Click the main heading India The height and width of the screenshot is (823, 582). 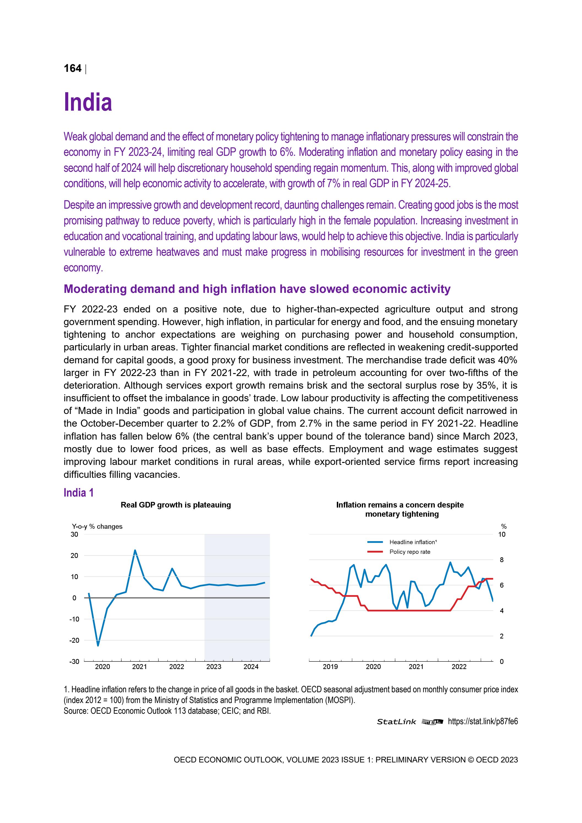[x=88, y=102]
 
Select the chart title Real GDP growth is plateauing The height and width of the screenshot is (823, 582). [x=176, y=505]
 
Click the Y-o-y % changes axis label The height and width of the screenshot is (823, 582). [x=97, y=526]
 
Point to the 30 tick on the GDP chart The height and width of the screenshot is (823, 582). [x=74, y=535]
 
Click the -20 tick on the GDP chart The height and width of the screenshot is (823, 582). [x=74, y=640]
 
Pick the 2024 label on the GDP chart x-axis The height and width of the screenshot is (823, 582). [x=251, y=667]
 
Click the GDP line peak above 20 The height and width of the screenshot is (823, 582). [x=135, y=550]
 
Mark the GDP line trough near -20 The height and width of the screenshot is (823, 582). [x=98, y=645]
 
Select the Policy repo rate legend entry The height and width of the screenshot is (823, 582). [x=410, y=552]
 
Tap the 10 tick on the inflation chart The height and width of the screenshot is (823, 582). [x=502, y=535]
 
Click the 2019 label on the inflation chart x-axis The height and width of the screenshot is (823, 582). [x=330, y=667]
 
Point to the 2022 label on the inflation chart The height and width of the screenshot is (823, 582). [x=459, y=667]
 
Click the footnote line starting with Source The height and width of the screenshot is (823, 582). [x=167, y=710]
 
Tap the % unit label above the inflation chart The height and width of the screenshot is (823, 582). [x=504, y=526]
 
